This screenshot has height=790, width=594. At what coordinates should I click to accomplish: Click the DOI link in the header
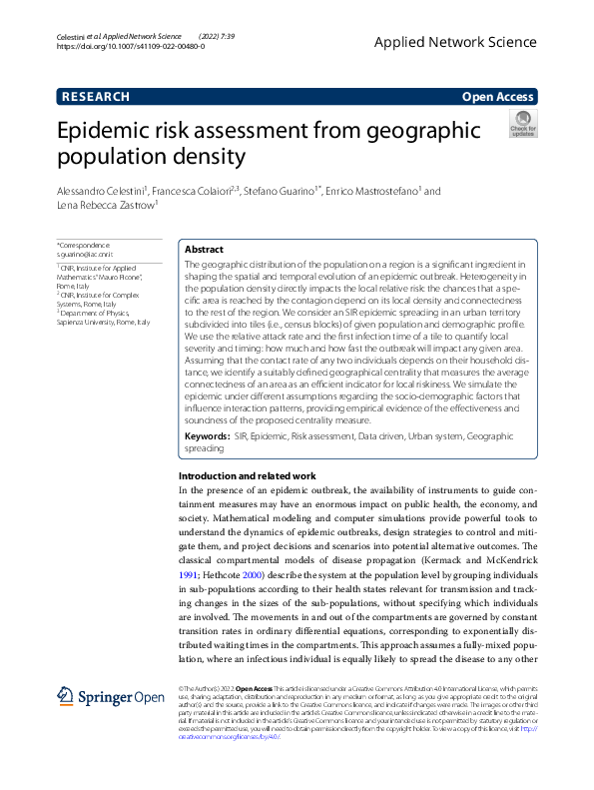click(x=131, y=46)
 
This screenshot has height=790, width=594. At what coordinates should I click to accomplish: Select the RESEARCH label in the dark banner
click(x=96, y=97)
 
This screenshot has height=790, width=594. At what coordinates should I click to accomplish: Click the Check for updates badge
click(x=522, y=125)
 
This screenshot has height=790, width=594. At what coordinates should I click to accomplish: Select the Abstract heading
click(x=205, y=249)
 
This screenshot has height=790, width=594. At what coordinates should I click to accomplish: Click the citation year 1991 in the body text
click(x=189, y=575)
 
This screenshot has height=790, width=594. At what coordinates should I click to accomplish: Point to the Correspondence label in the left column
click(x=85, y=246)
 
